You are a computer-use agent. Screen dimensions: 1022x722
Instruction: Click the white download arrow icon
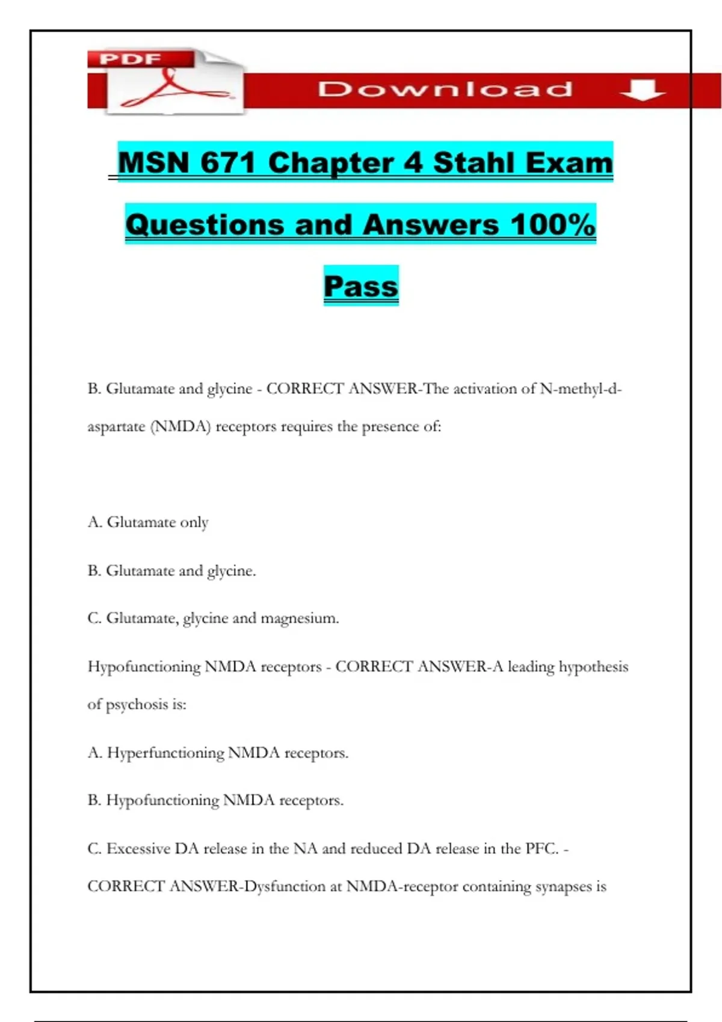pyautogui.click(x=642, y=90)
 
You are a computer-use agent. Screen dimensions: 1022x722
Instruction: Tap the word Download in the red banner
pyautogui.click(x=445, y=90)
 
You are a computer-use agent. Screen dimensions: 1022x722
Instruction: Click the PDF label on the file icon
pyautogui.click(x=130, y=59)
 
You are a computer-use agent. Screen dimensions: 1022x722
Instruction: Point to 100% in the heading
pyautogui.click(x=552, y=225)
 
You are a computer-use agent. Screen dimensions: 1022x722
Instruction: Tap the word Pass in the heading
pyautogui.click(x=361, y=286)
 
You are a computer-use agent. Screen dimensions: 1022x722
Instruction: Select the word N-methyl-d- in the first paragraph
pyautogui.click(x=581, y=389)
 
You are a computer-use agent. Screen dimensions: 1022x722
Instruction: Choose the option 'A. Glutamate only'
pyautogui.click(x=148, y=522)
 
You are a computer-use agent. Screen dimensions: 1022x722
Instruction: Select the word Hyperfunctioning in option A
pyautogui.click(x=165, y=753)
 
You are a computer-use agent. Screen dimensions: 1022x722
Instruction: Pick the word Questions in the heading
pyautogui.click(x=205, y=225)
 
